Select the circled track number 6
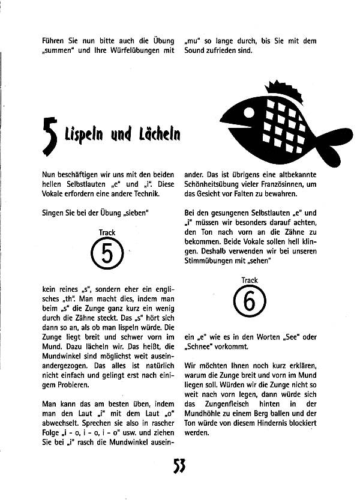(250, 301)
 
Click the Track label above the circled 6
(250, 280)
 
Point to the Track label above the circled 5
(107, 232)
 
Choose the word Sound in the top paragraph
(195, 50)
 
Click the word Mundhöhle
(205, 413)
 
